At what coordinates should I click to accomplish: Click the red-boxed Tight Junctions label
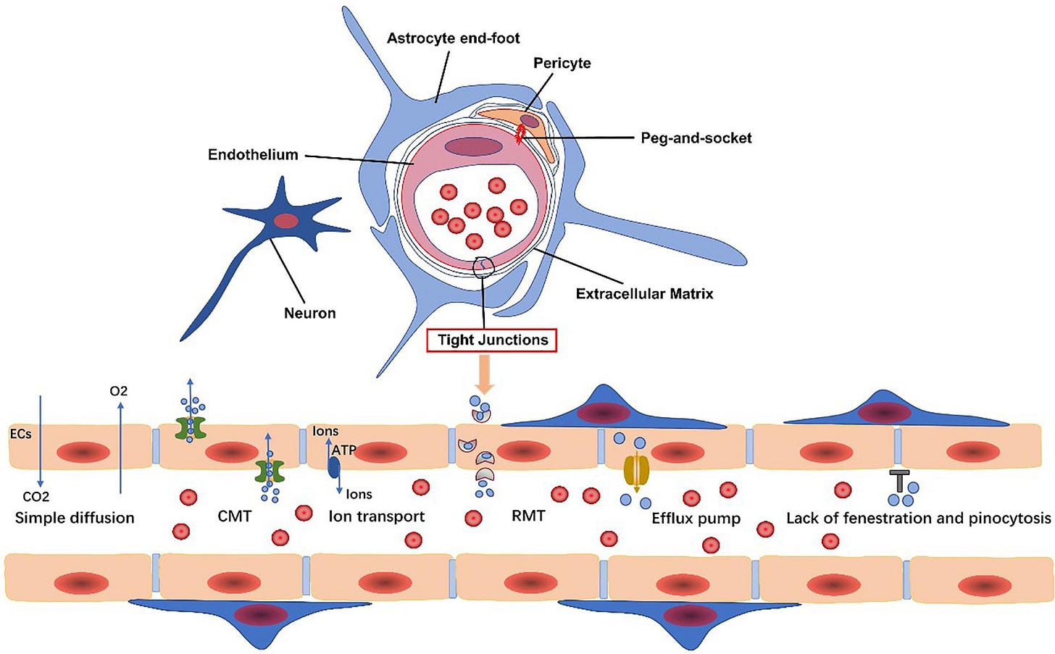pos(493,340)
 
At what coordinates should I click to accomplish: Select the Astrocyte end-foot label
pos(453,38)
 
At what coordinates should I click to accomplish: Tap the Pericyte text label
pos(562,63)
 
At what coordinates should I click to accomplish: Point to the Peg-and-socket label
pos(696,138)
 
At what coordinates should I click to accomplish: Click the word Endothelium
pos(253,154)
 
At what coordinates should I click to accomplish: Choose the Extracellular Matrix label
pos(644,293)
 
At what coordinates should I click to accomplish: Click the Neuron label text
pos(309,313)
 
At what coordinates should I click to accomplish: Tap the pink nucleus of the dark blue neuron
pos(285,221)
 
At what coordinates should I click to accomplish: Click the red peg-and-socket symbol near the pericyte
pos(520,133)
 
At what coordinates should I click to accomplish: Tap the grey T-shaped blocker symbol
pos(899,480)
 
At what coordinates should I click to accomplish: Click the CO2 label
pos(36,496)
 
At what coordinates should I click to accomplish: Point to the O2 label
pos(119,391)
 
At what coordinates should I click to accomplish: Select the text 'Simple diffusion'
pos(75,517)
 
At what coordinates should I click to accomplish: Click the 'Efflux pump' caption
pos(696,518)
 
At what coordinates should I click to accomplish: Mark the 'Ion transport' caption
pos(376,516)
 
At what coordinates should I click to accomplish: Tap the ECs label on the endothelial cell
pos(20,434)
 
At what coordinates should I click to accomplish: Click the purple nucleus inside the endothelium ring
pos(473,146)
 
